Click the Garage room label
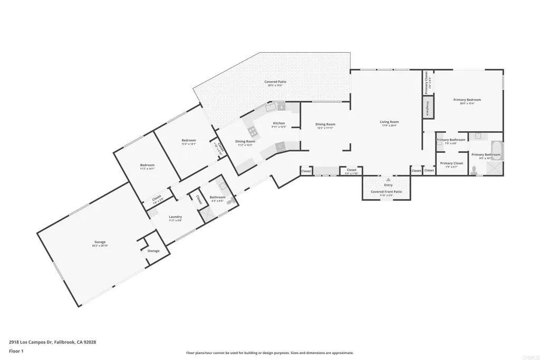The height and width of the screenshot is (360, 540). [x=100, y=242]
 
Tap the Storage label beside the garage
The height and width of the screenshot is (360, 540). [x=153, y=251]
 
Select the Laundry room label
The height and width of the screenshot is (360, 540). [x=175, y=217]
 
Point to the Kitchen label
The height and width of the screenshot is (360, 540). [x=278, y=123]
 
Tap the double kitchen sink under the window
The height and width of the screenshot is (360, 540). [x=271, y=107]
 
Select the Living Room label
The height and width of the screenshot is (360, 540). [x=389, y=122]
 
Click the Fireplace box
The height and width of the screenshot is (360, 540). [x=428, y=108]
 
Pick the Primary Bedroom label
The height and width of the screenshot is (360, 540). [x=467, y=100]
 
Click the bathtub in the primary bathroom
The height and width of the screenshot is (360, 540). [x=497, y=150]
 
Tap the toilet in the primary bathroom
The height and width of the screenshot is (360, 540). [x=475, y=170]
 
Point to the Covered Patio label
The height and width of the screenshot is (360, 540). [x=275, y=82]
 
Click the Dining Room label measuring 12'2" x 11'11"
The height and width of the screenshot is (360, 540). [x=325, y=124]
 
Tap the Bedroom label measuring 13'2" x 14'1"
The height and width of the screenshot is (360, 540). [x=189, y=140]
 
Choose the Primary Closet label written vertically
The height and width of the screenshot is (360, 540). [x=426, y=83]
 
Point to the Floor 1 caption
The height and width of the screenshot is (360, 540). [x=16, y=351]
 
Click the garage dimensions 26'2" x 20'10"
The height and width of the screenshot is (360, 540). [x=100, y=246]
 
